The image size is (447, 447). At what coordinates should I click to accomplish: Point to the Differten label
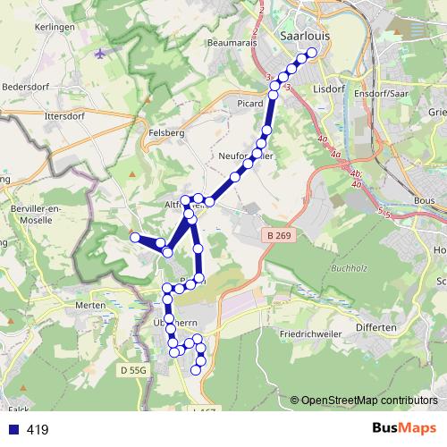click(x=375, y=328)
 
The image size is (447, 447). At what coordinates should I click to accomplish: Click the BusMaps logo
click(x=404, y=428)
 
